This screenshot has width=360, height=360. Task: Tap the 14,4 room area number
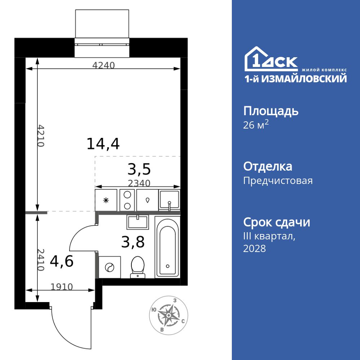click(x=103, y=144)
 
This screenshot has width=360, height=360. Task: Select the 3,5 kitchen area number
click(x=139, y=169)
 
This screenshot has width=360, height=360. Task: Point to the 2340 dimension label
click(x=139, y=183)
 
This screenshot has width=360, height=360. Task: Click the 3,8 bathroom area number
click(x=133, y=242)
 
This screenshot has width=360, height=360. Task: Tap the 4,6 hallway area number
click(x=62, y=261)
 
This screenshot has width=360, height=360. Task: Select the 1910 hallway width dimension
click(x=62, y=287)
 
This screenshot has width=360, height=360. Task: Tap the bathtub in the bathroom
click(x=167, y=247)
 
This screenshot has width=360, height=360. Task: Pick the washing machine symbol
click(x=109, y=267)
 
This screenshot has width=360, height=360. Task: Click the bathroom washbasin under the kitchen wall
click(x=138, y=222)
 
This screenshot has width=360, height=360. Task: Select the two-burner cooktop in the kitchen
click(x=127, y=200)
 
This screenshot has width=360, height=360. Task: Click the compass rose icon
click(x=168, y=315)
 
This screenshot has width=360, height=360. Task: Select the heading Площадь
click(x=271, y=111)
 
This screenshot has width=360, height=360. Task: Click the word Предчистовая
click(x=278, y=180)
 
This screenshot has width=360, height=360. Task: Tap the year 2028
click(x=255, y=248)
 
